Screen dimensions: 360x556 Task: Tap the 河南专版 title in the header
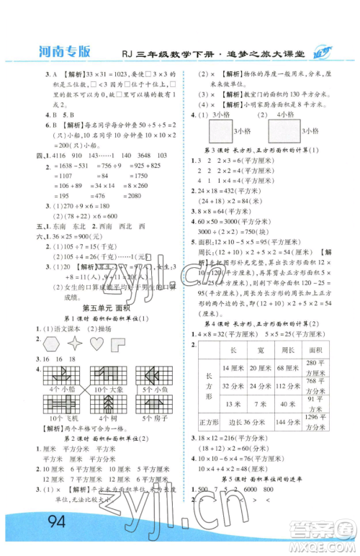point(66,51)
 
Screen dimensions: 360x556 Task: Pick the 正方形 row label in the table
point(209,423)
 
